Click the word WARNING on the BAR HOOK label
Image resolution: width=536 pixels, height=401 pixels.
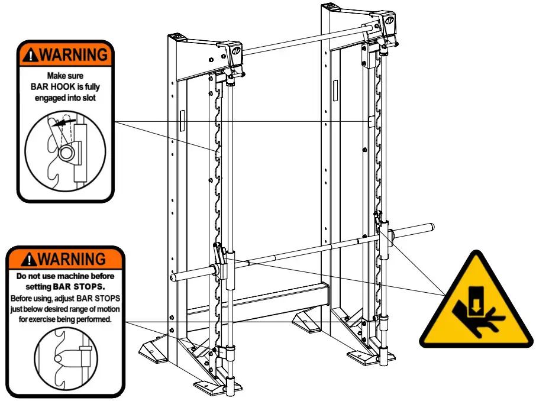(x=73, y=55)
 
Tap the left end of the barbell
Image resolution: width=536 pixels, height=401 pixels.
(x=176, y=276)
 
